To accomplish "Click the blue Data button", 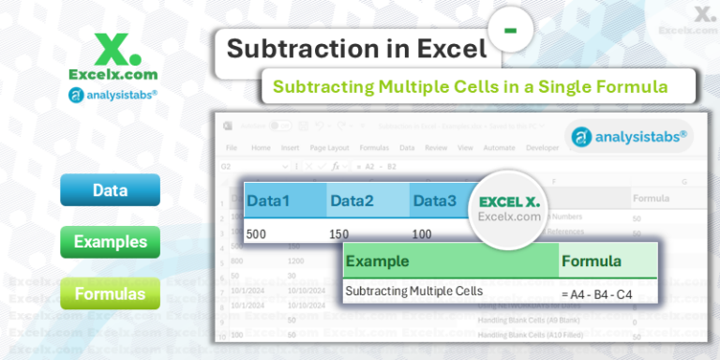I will pyautogui.click(x=110, y=190).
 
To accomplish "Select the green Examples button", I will pyautogui.click(x=110, y=242).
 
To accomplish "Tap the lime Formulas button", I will pyautogui.click(x=110, y=294).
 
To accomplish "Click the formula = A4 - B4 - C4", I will pyautogui.click(x=596, y=294).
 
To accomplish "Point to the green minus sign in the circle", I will pyautogui.click(x=511, y=31).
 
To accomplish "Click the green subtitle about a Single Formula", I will pyautogui.click(x=470, y=87).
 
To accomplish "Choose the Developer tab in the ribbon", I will pyautogui.click(x=542, y=147).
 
